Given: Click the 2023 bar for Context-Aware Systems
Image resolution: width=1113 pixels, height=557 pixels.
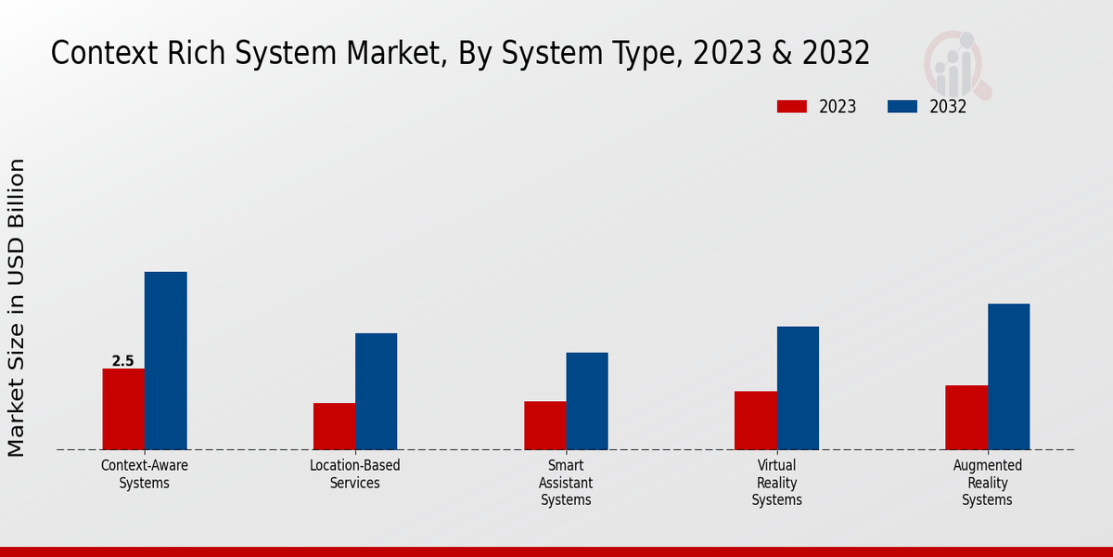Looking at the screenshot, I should coord(123,409).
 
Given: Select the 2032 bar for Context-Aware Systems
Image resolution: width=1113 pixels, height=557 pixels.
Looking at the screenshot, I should coord(165,361).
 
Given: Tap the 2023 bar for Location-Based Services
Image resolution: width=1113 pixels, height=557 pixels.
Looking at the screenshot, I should coord(334,426).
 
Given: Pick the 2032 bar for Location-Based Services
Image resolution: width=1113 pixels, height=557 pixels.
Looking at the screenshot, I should coord(376,392).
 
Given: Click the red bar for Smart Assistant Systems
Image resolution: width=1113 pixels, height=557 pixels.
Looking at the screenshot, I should coord(544,425).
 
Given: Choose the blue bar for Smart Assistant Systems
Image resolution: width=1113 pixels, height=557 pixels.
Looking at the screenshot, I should coord(587,401).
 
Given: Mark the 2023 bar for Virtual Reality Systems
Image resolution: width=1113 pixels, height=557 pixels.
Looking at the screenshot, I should coord(755,421).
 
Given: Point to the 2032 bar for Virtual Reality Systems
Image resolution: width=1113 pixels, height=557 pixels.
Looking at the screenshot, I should coord(798,388).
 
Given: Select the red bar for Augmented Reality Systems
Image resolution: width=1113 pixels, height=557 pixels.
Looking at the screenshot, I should coord(966,418).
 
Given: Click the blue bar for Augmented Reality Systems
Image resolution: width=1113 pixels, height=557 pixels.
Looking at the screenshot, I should coord(1008,377).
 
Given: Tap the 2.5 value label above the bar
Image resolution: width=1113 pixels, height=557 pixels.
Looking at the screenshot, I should coord(123,361).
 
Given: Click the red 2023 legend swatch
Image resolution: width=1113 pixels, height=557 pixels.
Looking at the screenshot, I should coord(791,107).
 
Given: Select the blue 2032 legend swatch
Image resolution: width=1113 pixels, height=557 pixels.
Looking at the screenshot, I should coord(902,107).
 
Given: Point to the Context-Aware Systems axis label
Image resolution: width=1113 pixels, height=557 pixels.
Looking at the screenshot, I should coord(145,474).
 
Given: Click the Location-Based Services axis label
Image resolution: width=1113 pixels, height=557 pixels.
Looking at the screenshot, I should coord(355,474).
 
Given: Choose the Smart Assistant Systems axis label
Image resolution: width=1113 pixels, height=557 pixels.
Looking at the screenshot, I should coord(566,483).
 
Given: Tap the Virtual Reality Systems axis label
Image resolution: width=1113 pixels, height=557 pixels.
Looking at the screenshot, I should coord(776,483).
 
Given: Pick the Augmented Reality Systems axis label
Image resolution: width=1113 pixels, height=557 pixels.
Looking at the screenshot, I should coord(987,483).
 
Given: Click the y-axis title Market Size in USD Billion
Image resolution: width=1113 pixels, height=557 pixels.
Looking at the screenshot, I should coord(17,307).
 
